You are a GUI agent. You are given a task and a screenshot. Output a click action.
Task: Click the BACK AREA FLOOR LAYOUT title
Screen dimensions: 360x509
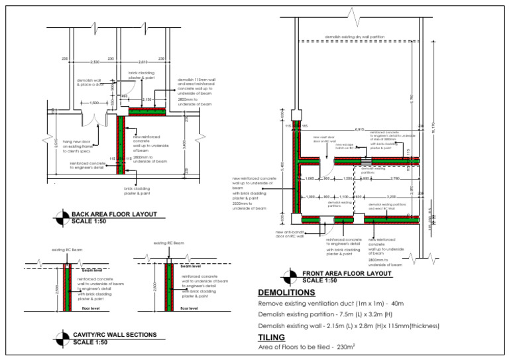pyautogui.click(x=114, y=214)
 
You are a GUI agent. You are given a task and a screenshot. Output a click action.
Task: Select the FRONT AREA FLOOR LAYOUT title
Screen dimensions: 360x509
pyautogui.click(x=347, y=273)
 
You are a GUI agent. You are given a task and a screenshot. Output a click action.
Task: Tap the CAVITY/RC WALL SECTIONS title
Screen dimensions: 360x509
pyautogui.click(x=114, y=334)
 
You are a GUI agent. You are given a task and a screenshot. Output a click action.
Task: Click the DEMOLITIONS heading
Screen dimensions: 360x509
pyautogui.click(x=286, y=292)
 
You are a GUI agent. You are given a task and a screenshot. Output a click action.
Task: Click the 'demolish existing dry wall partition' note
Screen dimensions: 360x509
pyautogui.click(x=355, y=36)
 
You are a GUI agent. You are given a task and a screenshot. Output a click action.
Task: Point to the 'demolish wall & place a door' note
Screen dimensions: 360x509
pyautogui.click(x=90, y=82)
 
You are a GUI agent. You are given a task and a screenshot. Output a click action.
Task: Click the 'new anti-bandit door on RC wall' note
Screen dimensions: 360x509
pyautogui.click(x=290, y=233)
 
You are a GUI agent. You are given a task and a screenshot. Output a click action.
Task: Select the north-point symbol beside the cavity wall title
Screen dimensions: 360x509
pyautogui.click(x=62, y=337)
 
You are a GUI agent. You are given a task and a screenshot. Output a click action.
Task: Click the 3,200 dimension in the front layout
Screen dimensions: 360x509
pyautogui.click(x=391, y=197)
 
